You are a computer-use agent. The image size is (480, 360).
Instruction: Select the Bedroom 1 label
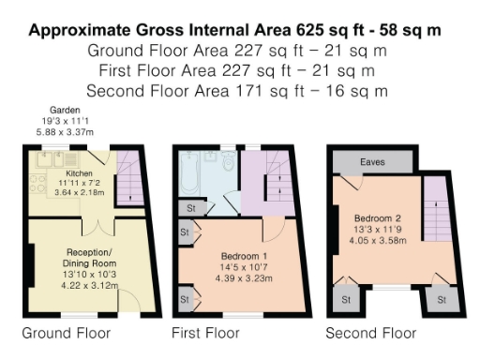(x=243, y=256)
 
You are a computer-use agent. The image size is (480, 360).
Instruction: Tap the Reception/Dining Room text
(x=89, y=257)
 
